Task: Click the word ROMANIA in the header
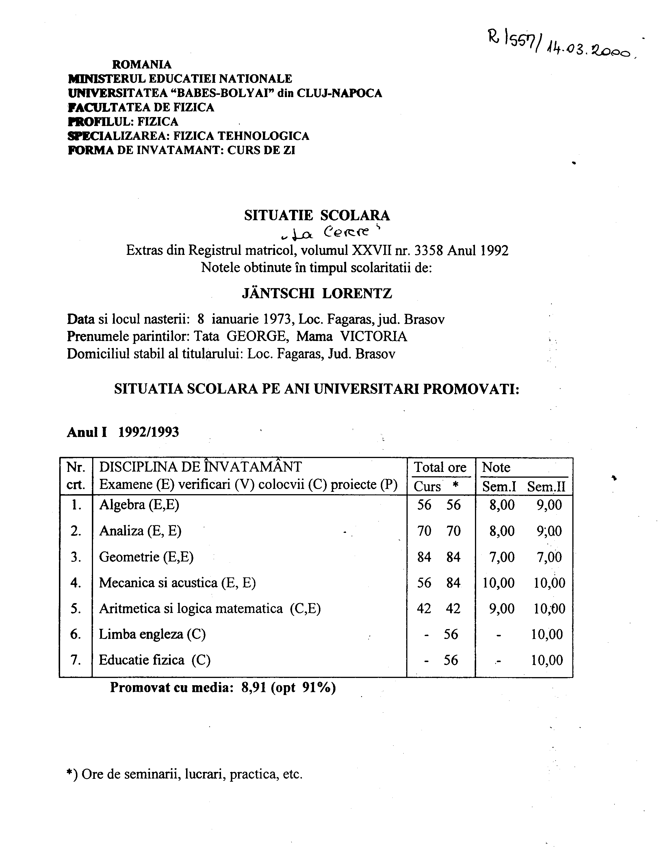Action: click(142, 64)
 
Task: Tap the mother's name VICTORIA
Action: click(373, 336)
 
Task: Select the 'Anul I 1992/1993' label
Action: click(123, 432)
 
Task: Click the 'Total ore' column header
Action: click(440, 467)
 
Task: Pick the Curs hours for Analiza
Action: click(424, 531)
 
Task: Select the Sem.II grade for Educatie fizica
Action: click(547, 660)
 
